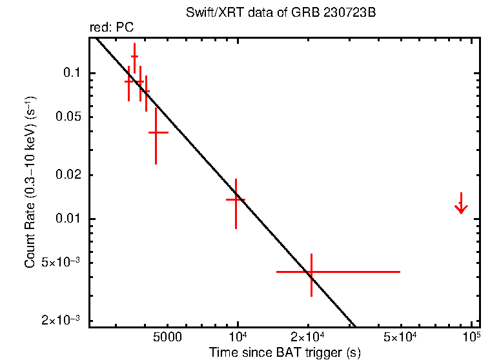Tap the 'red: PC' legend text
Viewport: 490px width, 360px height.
coord(111,28)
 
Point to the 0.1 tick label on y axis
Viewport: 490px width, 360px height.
coord(71,73)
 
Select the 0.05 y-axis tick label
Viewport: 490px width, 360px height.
coord(67,117)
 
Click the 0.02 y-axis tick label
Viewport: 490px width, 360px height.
coord(67,175)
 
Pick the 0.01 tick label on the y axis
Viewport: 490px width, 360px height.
coord(67,219)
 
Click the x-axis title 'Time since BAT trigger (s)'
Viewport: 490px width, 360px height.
coord(284,352)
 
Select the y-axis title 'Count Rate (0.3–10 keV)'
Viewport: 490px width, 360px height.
coord(31,183)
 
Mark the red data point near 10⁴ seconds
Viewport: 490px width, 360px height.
coord(236,199)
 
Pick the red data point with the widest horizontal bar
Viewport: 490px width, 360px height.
coord(311,272)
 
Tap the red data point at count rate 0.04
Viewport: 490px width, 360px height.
coord(156,132)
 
